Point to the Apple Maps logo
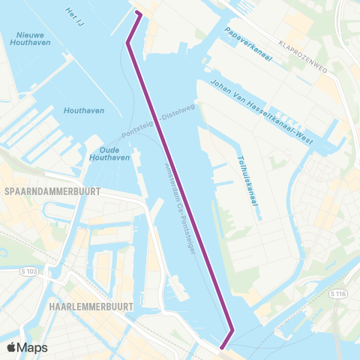pyautogui.click(x=27, y=347)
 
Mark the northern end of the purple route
pyautogui.click(x=136, y=13)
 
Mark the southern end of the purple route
pyautogui.click(x=222, y=346)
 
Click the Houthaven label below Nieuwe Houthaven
pyautogui.click(x=83, y=110)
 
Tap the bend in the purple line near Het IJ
pyautogui.click(x=127, y=43)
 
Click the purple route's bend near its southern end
pyautogui.click(x=232, y=331)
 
